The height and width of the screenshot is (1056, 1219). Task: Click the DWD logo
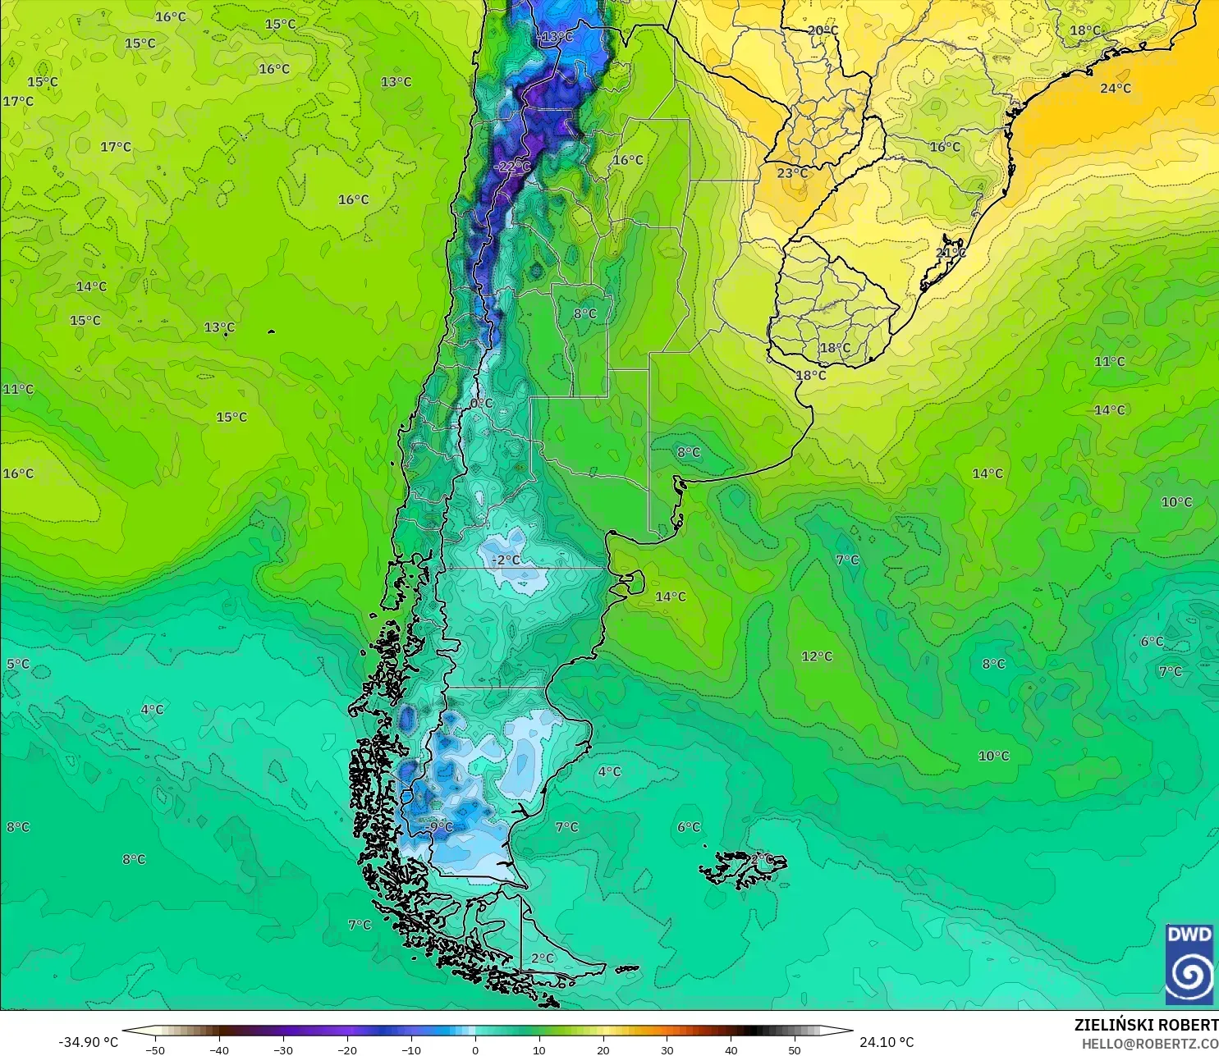(1189, 964)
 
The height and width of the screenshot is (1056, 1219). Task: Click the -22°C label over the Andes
(514, 167)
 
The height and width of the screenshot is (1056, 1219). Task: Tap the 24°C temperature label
(1115, 89)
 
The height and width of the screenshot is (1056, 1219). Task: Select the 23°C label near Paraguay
(791, 173)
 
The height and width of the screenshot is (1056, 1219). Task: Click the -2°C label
(506, 560)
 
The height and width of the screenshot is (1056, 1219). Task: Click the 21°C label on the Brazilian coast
(951, 253)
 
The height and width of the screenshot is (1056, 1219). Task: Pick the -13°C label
(556, 37)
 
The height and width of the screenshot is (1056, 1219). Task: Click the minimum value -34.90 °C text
(88, 1042)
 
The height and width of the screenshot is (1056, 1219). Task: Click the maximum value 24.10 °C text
(887, 1042)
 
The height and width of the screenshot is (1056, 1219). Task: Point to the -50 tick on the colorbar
(154, 1049)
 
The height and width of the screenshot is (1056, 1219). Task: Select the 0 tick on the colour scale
(475, 1049)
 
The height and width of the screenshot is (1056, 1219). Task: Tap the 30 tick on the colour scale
(667, 1049)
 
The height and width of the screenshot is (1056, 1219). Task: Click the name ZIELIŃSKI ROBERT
(1146, 1025)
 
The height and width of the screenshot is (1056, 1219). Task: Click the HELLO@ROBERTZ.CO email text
(1149, 1044)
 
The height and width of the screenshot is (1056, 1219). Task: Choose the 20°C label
(823, 31)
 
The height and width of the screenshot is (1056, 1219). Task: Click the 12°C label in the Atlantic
(817, 656)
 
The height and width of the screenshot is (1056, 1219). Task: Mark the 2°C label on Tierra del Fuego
(542, 958)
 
